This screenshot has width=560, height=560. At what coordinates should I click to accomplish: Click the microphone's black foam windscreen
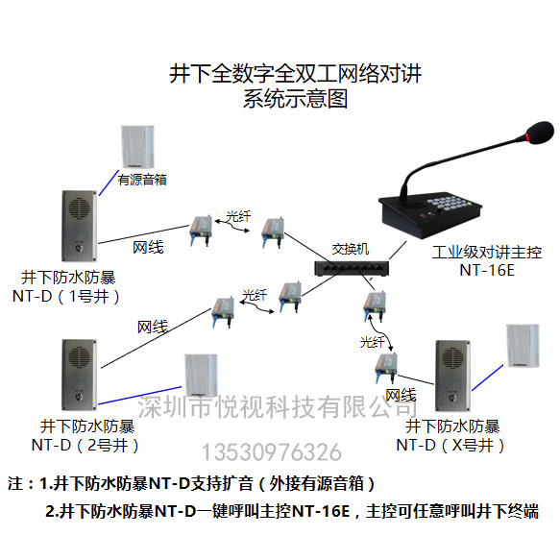tap(540, 133)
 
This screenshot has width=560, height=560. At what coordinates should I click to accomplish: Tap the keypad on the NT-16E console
tap(450, 203)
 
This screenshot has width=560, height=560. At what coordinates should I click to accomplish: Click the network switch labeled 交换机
tap(352, 268)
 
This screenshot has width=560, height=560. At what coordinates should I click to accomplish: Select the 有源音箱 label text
tap(142, 180)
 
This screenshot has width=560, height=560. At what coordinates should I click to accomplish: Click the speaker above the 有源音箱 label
tap(137, 146)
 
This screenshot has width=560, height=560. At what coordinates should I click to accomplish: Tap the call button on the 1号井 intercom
tap(79, 247)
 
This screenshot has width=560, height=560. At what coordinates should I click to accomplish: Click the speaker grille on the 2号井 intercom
tap(79, 356)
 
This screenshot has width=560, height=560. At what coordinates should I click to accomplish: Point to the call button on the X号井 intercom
tap(452, 397)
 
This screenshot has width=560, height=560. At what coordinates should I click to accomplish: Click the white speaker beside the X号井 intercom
tap(523, 346)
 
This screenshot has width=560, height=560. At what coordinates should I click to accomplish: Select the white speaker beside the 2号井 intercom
tap(201, 375)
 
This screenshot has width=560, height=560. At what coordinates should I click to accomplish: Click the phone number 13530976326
tap(272, 452)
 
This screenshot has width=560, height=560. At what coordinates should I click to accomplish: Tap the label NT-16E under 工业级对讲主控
tap(487, 270)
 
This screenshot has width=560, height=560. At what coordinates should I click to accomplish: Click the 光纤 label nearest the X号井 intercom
tap(372, 342)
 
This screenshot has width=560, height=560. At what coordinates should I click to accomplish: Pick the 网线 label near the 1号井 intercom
tap(148, 248)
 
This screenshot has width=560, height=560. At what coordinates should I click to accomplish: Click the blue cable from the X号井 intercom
tap(488, 377)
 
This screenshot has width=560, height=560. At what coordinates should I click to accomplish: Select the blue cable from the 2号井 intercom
tap(139, 396)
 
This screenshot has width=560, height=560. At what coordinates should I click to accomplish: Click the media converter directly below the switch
tap(375, 305)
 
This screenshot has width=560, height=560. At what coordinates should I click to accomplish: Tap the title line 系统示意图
tap(295, 99)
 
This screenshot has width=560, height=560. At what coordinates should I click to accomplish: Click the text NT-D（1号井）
tap(66, 297)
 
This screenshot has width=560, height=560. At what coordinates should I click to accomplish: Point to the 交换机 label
tap(351, 249)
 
